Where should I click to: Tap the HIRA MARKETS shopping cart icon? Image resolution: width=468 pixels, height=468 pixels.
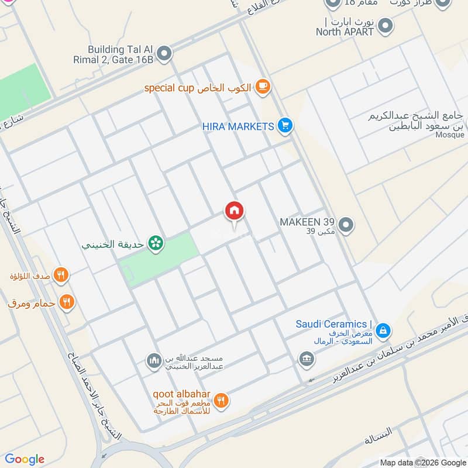tap(285, 126)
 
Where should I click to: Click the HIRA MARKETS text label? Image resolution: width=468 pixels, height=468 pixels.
tap(238, 126)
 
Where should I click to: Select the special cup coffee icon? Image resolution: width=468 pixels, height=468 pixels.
tap(263, 87)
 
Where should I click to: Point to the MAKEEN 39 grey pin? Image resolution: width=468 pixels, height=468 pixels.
tap(346, 225)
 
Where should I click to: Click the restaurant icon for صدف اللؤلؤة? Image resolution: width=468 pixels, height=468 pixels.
tap(61, 274)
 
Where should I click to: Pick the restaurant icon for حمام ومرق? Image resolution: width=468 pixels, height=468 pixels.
tap(67, 302)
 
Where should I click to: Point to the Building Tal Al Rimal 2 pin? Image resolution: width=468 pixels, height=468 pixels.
tap(165, 54)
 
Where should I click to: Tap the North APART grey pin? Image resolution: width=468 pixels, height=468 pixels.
tap(385, 26)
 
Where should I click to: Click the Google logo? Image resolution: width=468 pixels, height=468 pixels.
tap(25, 459)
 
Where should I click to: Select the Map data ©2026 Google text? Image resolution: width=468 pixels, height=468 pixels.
tap(422, 462)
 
